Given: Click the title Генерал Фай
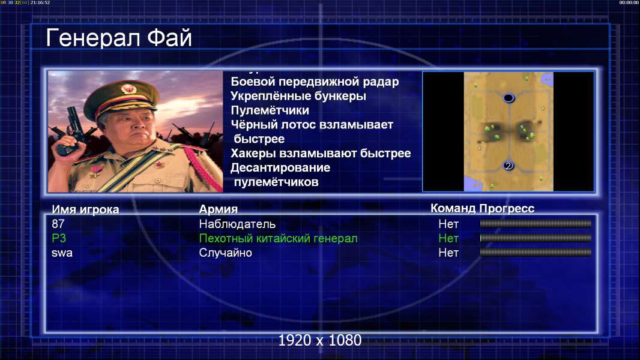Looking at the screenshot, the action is (x=119, y=38).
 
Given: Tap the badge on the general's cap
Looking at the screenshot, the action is (x=128, y=88).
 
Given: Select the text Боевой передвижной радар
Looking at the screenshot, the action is (x=315, y=82).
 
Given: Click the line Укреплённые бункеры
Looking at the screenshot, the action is (x=298, y=96).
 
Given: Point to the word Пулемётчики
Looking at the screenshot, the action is (x=270, y=110).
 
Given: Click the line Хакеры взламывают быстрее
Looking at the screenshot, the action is (x=321, y=153).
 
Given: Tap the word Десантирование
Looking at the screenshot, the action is (x=280, y=167).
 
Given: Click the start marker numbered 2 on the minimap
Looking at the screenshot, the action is (x=508, y=166).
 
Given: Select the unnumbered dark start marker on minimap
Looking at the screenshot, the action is (x=508, y=98).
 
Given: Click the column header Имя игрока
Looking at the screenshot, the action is (x=85, y=209).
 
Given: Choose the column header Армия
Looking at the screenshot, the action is (x=219, y=209).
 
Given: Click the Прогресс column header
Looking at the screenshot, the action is (x=507, y=208).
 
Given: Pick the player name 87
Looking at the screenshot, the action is (x=58, y=224).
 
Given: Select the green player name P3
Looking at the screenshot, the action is (x=59, y=238).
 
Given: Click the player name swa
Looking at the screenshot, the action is (x=62, y=253).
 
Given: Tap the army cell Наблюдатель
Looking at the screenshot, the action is (x=237, y=224).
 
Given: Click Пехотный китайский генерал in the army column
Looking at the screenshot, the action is (x=279, y=239).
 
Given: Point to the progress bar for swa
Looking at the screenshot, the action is (x=536, y=253).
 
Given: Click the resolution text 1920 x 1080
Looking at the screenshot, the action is (x=320, y=340).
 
